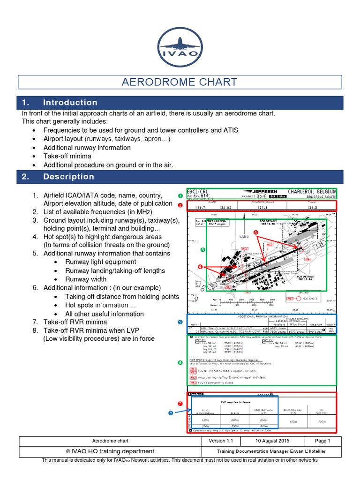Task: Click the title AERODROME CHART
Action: pos(180,82)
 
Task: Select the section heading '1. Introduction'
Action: pos(70,103)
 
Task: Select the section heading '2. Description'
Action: pos(68,177)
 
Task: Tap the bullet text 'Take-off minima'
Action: pos(67,156)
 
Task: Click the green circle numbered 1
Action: pos(180,195)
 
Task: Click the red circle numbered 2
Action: pos(180,205)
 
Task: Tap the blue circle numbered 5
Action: pos(180,322)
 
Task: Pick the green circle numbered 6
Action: pos(180,362)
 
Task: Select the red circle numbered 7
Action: pos(180,403)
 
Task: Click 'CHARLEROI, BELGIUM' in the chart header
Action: pos(312,192)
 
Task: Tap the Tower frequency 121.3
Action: pos(309,207)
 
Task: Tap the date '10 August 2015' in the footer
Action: pos(272,441)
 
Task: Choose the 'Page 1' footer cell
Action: pos(322,441)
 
